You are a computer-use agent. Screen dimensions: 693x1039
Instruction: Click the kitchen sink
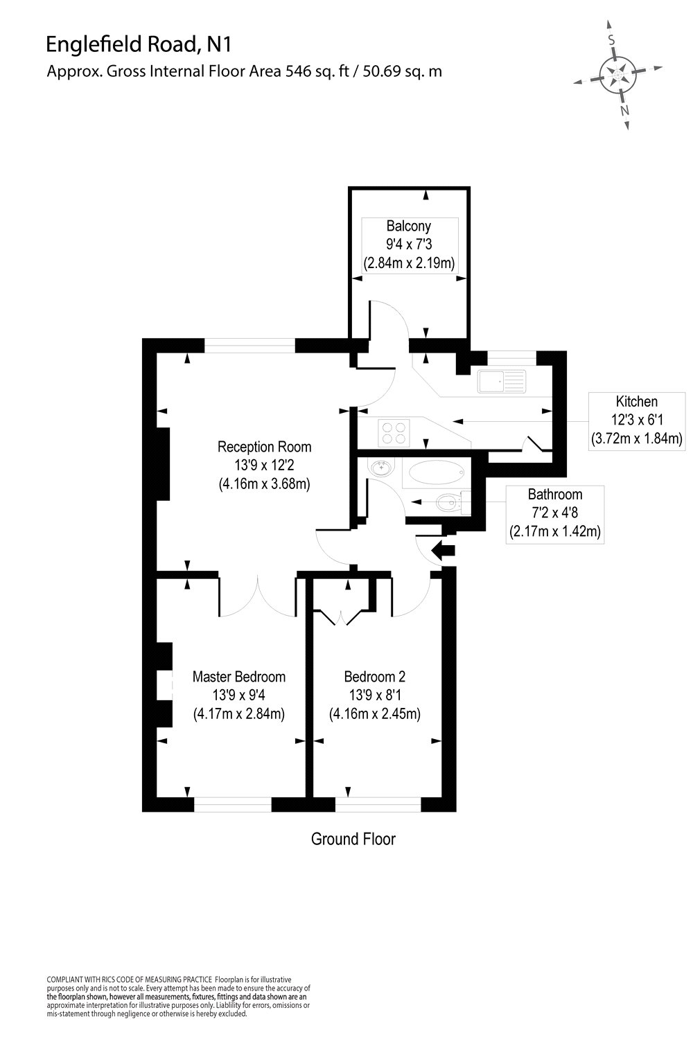(502, 381)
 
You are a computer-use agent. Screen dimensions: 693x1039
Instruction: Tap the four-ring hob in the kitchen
(394, 433)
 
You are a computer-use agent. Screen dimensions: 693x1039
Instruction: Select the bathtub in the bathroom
(436, 472)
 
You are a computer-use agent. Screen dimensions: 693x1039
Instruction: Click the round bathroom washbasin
(380, 467)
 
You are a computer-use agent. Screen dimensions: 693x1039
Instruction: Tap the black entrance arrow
(443, 551)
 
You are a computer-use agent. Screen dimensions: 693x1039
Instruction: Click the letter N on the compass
(624, 110)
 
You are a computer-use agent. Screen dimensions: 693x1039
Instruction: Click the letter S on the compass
(612, 40)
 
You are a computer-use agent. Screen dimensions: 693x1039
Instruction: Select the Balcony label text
(408, 227)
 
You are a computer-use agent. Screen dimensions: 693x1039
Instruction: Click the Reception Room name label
(264, 447)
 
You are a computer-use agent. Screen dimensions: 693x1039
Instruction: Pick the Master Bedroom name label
(239, 677)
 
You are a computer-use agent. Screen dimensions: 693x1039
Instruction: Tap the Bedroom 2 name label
(375, 677)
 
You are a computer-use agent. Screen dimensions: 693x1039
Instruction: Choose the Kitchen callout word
(636, 401)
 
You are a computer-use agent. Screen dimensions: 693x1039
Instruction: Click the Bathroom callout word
(554, 495)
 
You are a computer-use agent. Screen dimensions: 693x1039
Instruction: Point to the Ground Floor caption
(353, 839)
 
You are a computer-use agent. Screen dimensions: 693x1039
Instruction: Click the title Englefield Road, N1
(139, 44)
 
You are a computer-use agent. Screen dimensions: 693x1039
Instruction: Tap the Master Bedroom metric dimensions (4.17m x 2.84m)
(239, 714)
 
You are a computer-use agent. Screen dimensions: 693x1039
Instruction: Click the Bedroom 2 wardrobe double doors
(341, 617)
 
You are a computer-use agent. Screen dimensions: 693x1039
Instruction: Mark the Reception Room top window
(249, 346)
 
